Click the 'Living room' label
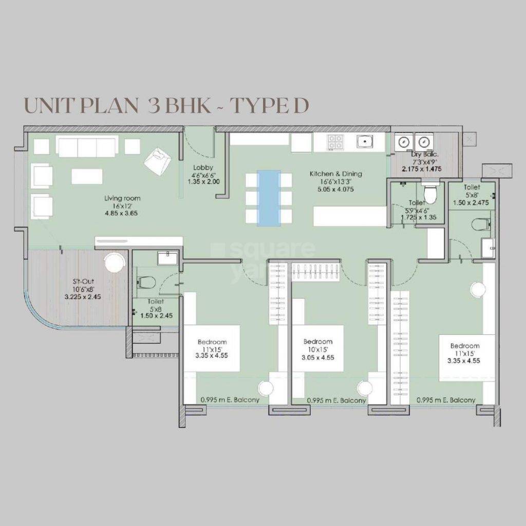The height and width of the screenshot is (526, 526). click(122, 198)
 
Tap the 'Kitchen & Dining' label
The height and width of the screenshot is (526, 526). click(335, 174)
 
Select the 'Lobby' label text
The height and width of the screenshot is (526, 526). click(200, 167)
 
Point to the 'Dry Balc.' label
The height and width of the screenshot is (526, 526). click(423, 154)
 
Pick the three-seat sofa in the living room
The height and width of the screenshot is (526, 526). click(87, 146)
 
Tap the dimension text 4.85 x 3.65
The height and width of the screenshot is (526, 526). click(122, 213)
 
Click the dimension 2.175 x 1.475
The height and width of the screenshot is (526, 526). click(421, 168)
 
